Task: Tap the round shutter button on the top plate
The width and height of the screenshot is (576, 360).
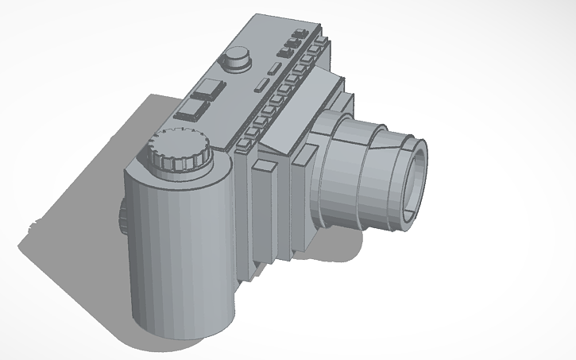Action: click(x=236, y=57)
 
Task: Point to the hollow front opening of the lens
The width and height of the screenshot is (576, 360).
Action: click(x=416, y=181)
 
